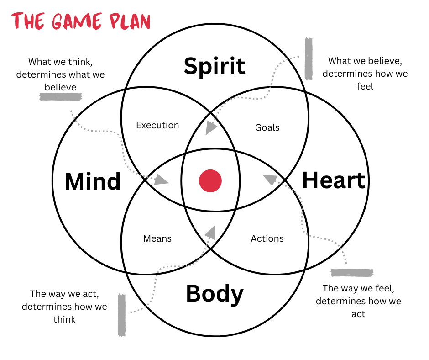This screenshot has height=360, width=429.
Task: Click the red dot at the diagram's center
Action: coord(210,181)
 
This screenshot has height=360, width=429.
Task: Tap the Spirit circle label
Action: coord(214,66)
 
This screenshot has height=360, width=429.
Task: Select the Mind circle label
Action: coord(93,181)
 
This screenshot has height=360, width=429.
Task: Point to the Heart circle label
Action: coord(334,180)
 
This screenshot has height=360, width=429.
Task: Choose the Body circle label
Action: coord(214,294)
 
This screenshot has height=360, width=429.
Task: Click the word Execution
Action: coord(157,125)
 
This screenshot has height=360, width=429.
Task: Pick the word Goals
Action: coord(267,127)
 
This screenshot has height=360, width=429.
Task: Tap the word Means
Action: coord(157,238)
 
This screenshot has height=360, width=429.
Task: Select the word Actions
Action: coord(267,238)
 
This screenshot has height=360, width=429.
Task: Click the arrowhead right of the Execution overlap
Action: coord(210,128)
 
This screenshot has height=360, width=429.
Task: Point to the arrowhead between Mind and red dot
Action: coord(161,179)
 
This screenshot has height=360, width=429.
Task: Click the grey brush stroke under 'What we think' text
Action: coord(61,97)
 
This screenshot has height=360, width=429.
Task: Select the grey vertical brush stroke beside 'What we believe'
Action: coord(309,58)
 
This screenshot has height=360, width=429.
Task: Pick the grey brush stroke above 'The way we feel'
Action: coord(352,273)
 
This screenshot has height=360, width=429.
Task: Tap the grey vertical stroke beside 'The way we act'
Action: coord(121,315)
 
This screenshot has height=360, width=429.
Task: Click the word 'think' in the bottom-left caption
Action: coord(64,319)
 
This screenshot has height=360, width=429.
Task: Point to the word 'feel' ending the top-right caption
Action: coord(365,86)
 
